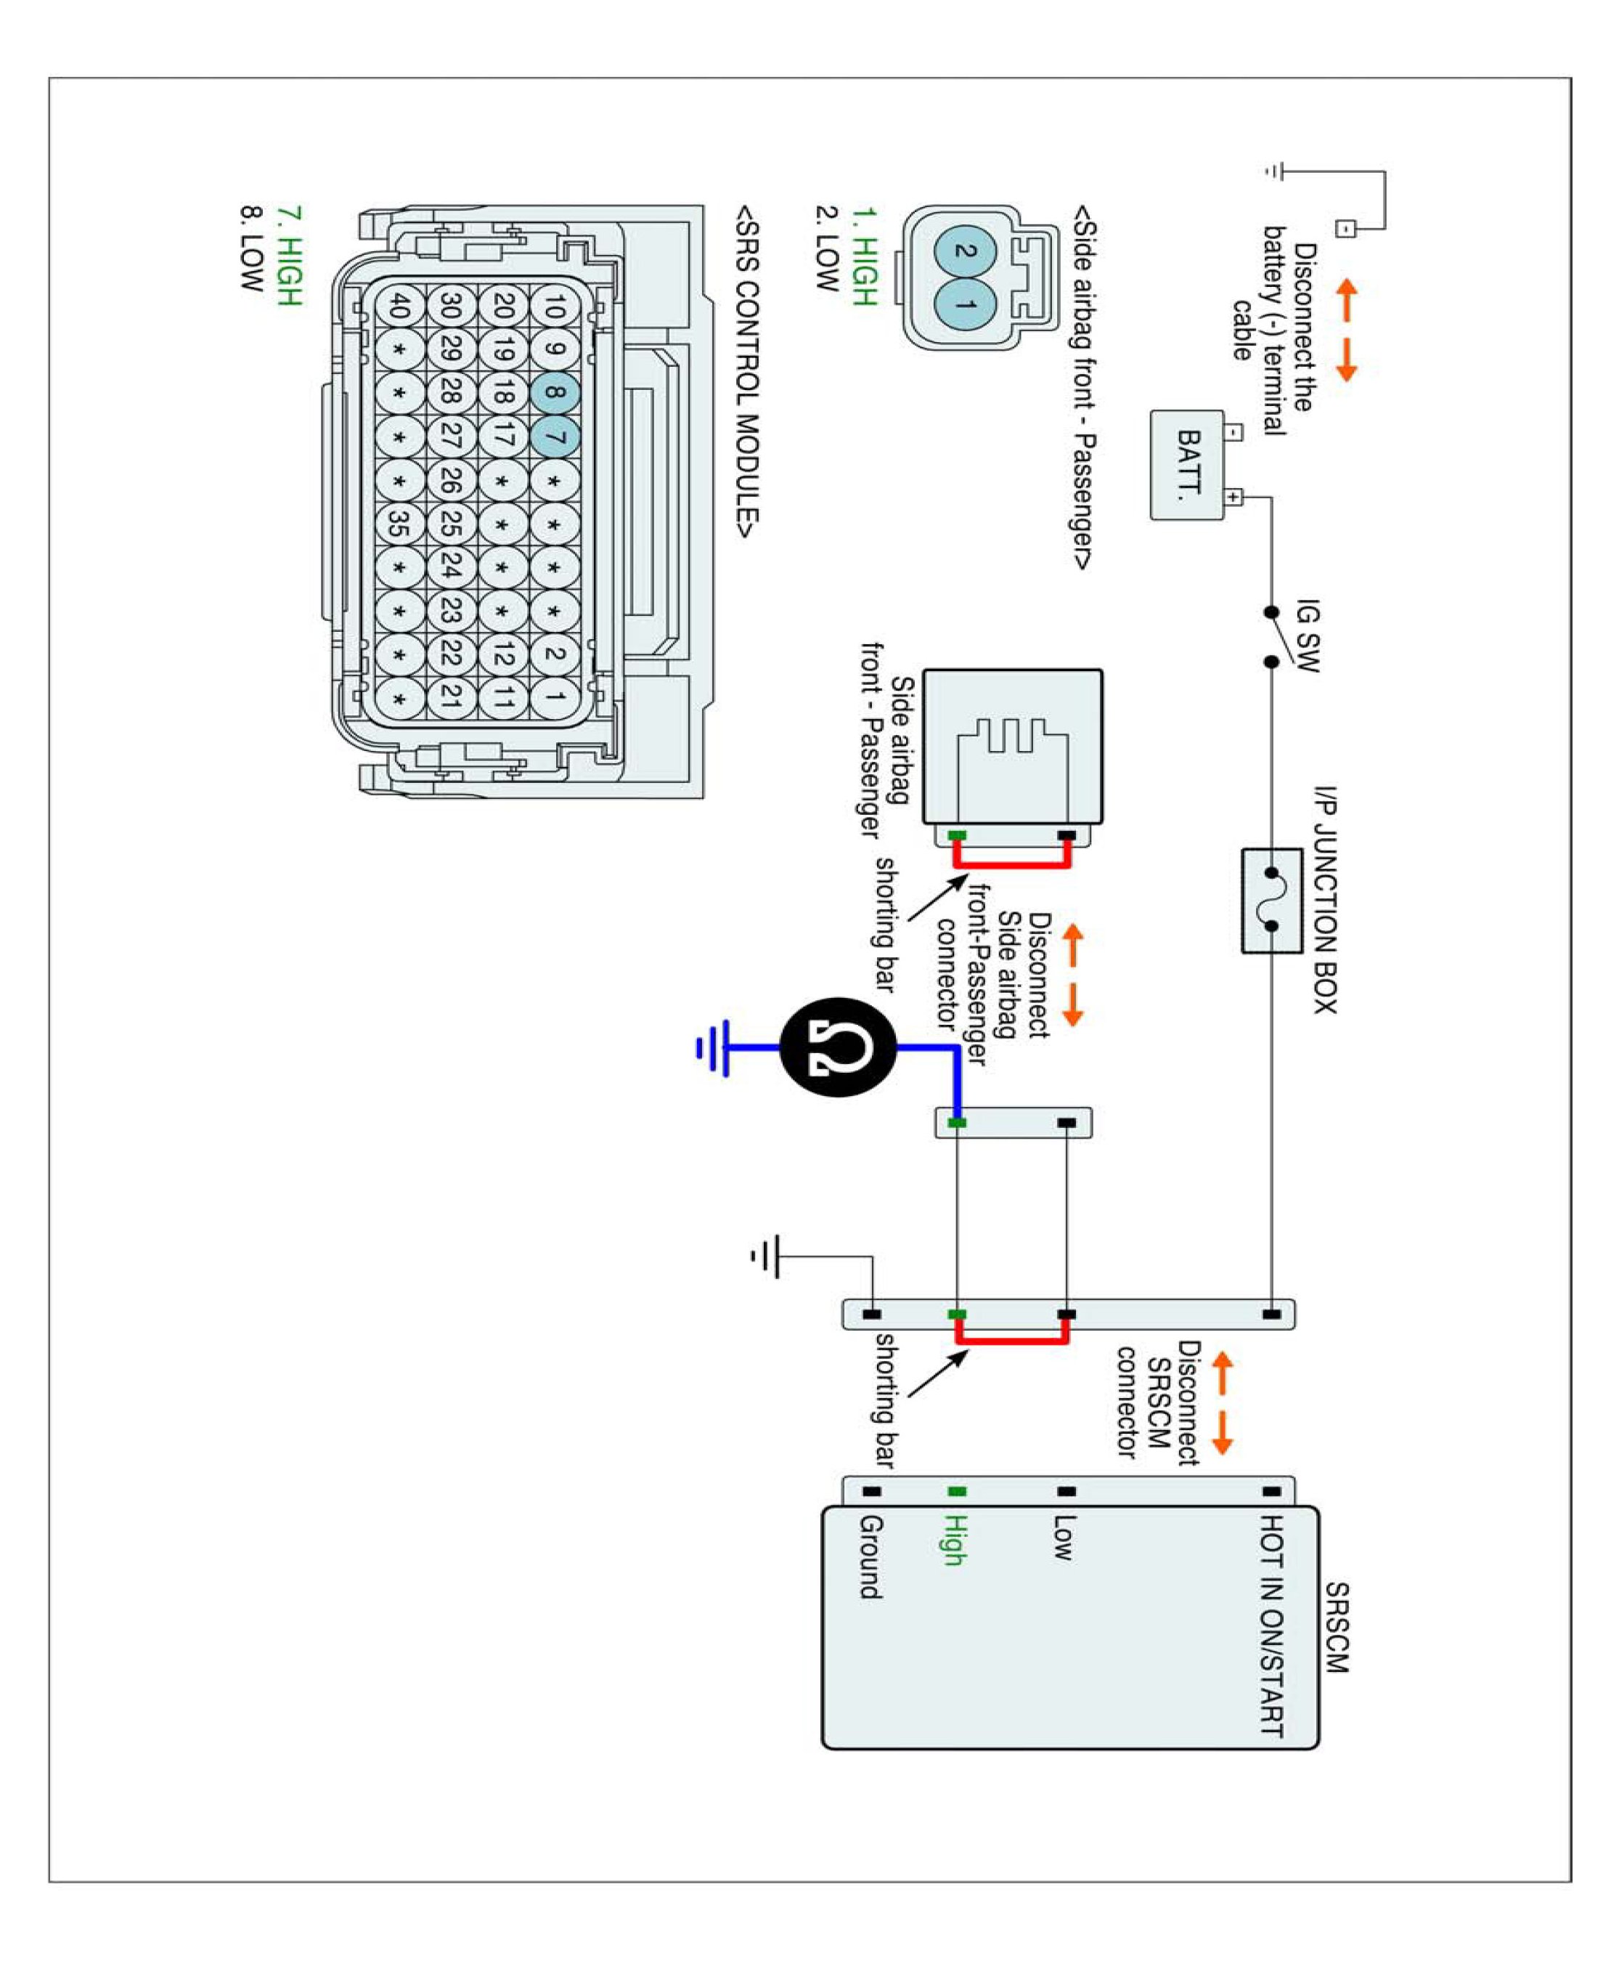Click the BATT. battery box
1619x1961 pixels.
tap(1186, 465)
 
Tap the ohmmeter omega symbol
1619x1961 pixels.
tap(838, 1047)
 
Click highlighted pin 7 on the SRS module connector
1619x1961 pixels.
tap(554, 437)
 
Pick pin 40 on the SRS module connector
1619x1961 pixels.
tap(399, 305)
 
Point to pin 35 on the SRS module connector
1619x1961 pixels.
tap(399, 524)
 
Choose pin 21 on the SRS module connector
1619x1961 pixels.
tap(452, 697)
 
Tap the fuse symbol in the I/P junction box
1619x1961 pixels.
tap(1271, 901)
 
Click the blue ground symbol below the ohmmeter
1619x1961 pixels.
tap(714, 1047)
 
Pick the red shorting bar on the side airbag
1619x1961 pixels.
tap(1012, 864)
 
